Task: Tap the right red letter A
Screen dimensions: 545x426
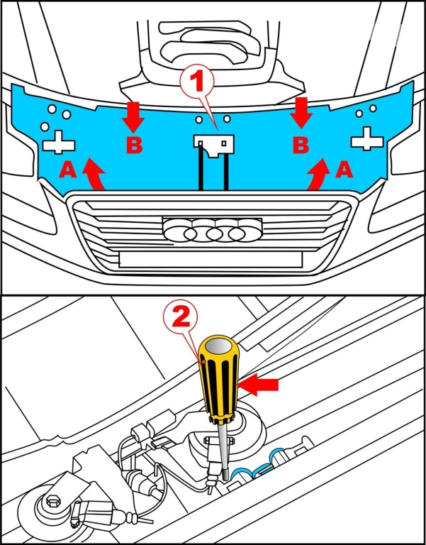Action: click(342, 169)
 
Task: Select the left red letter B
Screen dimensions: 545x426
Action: click(134, 145)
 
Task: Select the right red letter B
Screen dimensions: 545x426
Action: click(301, 145)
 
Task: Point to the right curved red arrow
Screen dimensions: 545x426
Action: click(319, 175)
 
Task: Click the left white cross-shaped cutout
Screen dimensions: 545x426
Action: click(60, 142)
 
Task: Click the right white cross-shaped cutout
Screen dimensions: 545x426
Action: click(366, 138)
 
